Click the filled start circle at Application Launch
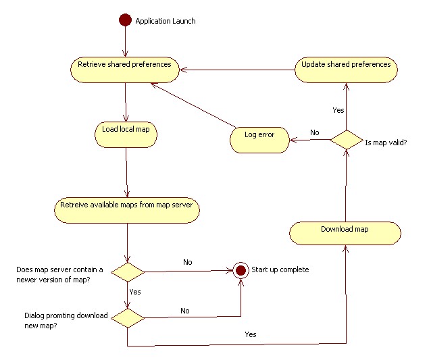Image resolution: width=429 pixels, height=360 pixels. [x=124, y=20]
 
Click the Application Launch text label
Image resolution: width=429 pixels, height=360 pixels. [x=166, y=21]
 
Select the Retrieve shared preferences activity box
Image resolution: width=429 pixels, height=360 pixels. [x=124, y=68]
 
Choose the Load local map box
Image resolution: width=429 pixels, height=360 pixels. [x=126, y=133]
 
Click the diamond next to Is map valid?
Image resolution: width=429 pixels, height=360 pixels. [x=346, y=140]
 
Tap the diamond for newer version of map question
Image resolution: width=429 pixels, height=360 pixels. [x=127, y=272]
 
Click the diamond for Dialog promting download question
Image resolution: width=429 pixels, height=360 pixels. [x=127, y=317]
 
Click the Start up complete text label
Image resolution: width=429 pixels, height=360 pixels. [x=280, y=270]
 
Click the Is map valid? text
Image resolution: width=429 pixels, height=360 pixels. [x=385, y=143]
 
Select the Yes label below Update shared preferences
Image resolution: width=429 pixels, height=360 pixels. [x=339, y=109]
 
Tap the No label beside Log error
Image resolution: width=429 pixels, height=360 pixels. [x=314, y=132]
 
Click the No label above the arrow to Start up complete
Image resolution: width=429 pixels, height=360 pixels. [x=188, y=263]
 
